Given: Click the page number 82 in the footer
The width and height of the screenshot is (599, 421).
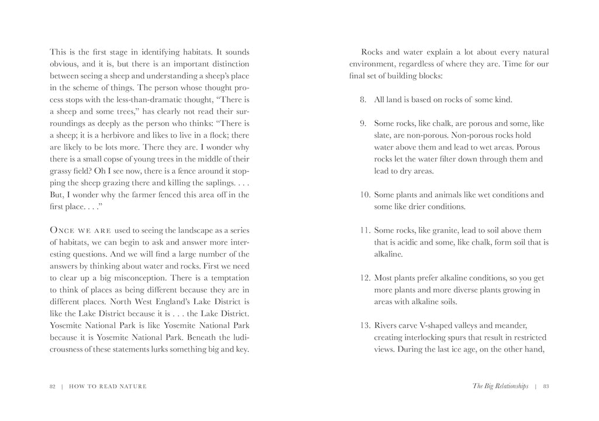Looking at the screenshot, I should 52,386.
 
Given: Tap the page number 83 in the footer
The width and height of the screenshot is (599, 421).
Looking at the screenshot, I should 545,386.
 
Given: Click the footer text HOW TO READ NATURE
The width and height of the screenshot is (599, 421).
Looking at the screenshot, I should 108,386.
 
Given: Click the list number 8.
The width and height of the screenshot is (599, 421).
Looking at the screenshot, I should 363,100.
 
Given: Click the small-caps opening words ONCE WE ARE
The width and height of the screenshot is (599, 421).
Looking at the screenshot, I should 76,230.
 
